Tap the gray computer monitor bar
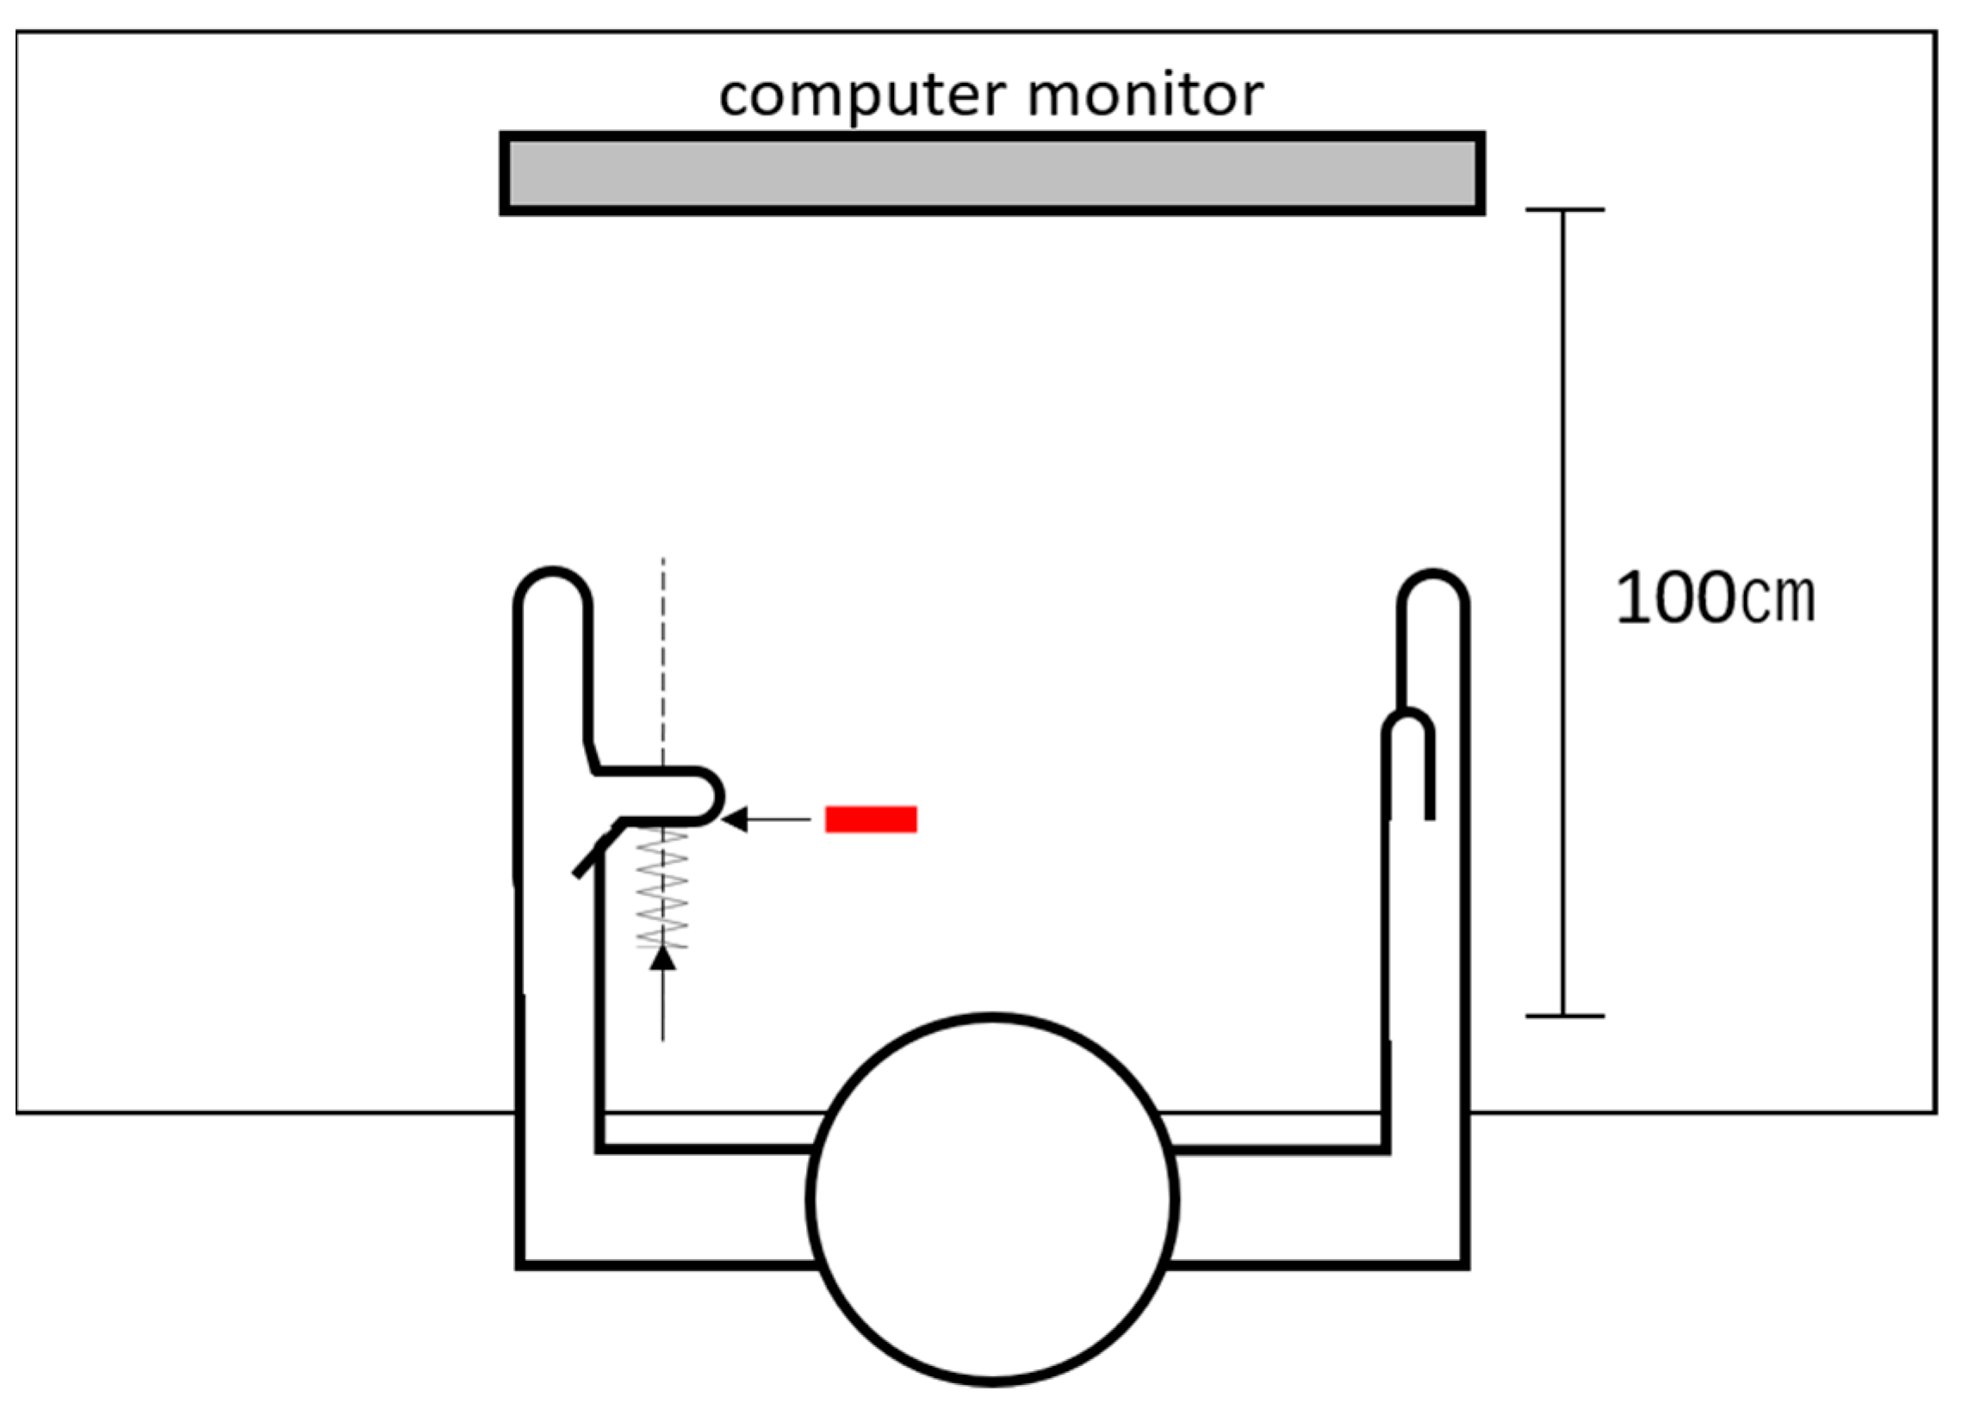(x=991, y=174)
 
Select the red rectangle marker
(x=871, y=819)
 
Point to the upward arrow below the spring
(x=663, y=993)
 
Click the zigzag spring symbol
(x=663, y=890)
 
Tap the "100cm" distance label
(x=1715, y=598)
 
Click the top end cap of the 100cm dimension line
(x=1564, y=210)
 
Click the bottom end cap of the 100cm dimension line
(x=1564, y=1016)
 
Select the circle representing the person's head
(x=992, y=1200)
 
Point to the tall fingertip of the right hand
(x=1433, y=592)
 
